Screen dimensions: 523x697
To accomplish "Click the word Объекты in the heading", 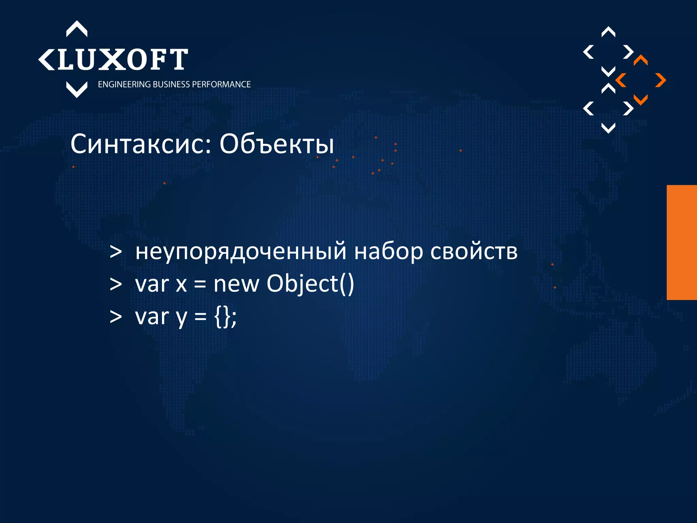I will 276,144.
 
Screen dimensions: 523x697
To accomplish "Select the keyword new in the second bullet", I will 236,284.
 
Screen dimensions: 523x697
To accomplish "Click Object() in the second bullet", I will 310,284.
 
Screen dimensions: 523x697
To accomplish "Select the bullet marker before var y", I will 116,317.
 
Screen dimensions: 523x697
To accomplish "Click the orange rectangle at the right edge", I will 681,242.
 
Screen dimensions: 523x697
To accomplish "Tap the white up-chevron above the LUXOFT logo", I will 77,29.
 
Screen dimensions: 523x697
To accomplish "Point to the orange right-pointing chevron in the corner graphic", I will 661,80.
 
